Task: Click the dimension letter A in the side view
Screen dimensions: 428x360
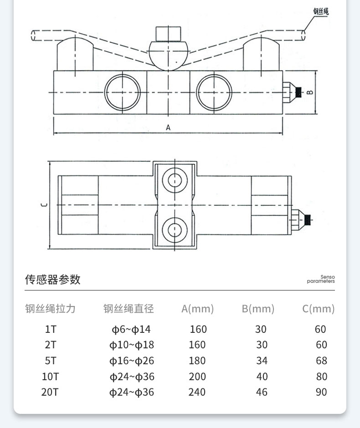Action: point(168,128)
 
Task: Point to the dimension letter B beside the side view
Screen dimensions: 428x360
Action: point(309,92)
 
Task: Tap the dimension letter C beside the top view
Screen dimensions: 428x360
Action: point(44,205)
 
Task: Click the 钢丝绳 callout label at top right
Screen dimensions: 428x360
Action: point(320,11)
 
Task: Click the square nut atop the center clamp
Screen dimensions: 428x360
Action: point(168,34)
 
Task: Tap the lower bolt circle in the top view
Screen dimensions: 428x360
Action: point(175,229)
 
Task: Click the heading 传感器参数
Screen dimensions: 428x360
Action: point(52,279)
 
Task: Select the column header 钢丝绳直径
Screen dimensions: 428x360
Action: point(129,309)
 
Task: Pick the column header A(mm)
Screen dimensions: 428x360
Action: point(197,309)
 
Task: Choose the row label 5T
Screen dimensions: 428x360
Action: point(50,361)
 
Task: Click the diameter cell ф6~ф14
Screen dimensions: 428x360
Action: point(131,329)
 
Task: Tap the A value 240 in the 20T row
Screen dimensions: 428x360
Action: point(197,392)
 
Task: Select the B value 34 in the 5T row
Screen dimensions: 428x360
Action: point(262,361)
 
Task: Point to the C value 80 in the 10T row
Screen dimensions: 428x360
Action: point(321,377)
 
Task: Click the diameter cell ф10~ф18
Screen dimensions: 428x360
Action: point(132,345)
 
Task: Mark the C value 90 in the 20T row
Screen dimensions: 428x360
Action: point(321,392)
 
